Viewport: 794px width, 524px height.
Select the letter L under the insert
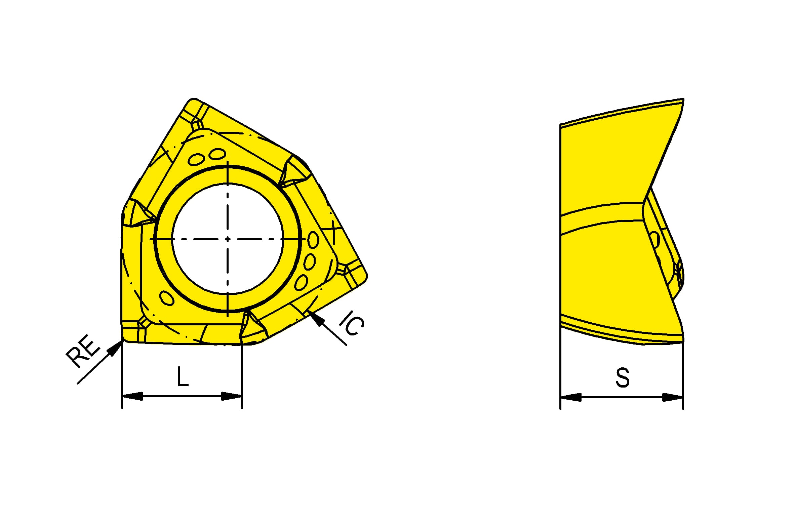coord(183,376)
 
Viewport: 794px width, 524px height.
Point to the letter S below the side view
coord(623,377)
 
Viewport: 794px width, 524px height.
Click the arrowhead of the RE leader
coord(115,347)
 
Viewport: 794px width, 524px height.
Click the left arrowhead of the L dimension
coord(132,396)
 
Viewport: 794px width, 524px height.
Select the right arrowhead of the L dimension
coord(231,396)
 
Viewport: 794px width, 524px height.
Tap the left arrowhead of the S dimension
coord(571,397)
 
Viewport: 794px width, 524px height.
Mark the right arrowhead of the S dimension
coord(672,397)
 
